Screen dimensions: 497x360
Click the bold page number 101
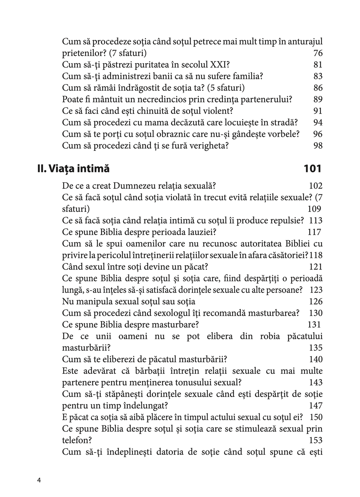click(312, 168)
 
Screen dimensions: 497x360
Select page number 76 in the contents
click(318, 53)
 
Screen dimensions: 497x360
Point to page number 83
click(318, 76)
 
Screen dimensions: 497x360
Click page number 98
click(318, 146)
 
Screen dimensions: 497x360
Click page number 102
click(316, 186)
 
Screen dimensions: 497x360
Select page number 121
click(316, 267)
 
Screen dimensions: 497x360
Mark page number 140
click(316, 359)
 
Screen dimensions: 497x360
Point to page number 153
click(316, 440)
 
